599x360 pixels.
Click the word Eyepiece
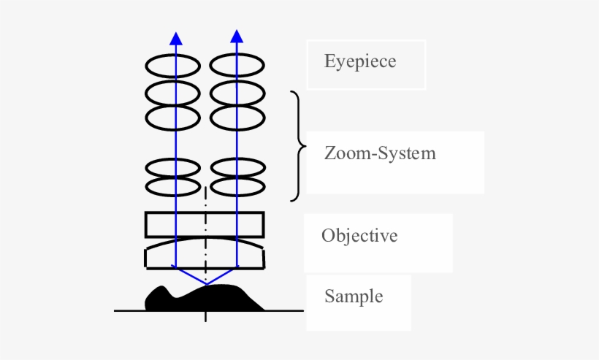tap(360, 61)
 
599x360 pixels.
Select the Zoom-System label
tap(380, 153)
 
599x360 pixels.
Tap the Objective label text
tap(359, 236)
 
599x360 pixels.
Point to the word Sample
tap(354, 296)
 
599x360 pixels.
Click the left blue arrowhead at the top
tap(175, 38)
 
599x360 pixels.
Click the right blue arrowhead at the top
tap(237, 37)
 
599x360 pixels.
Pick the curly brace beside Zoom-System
tap(297, 146)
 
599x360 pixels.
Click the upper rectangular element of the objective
tap(205, 224)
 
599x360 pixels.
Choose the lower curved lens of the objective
tap(205, 253)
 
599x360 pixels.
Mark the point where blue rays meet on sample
tap(206, 283)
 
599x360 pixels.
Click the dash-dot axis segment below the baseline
tap(206, 317)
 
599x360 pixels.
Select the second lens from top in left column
tap(173, 93)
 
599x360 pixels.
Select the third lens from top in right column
tap(237, 118)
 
